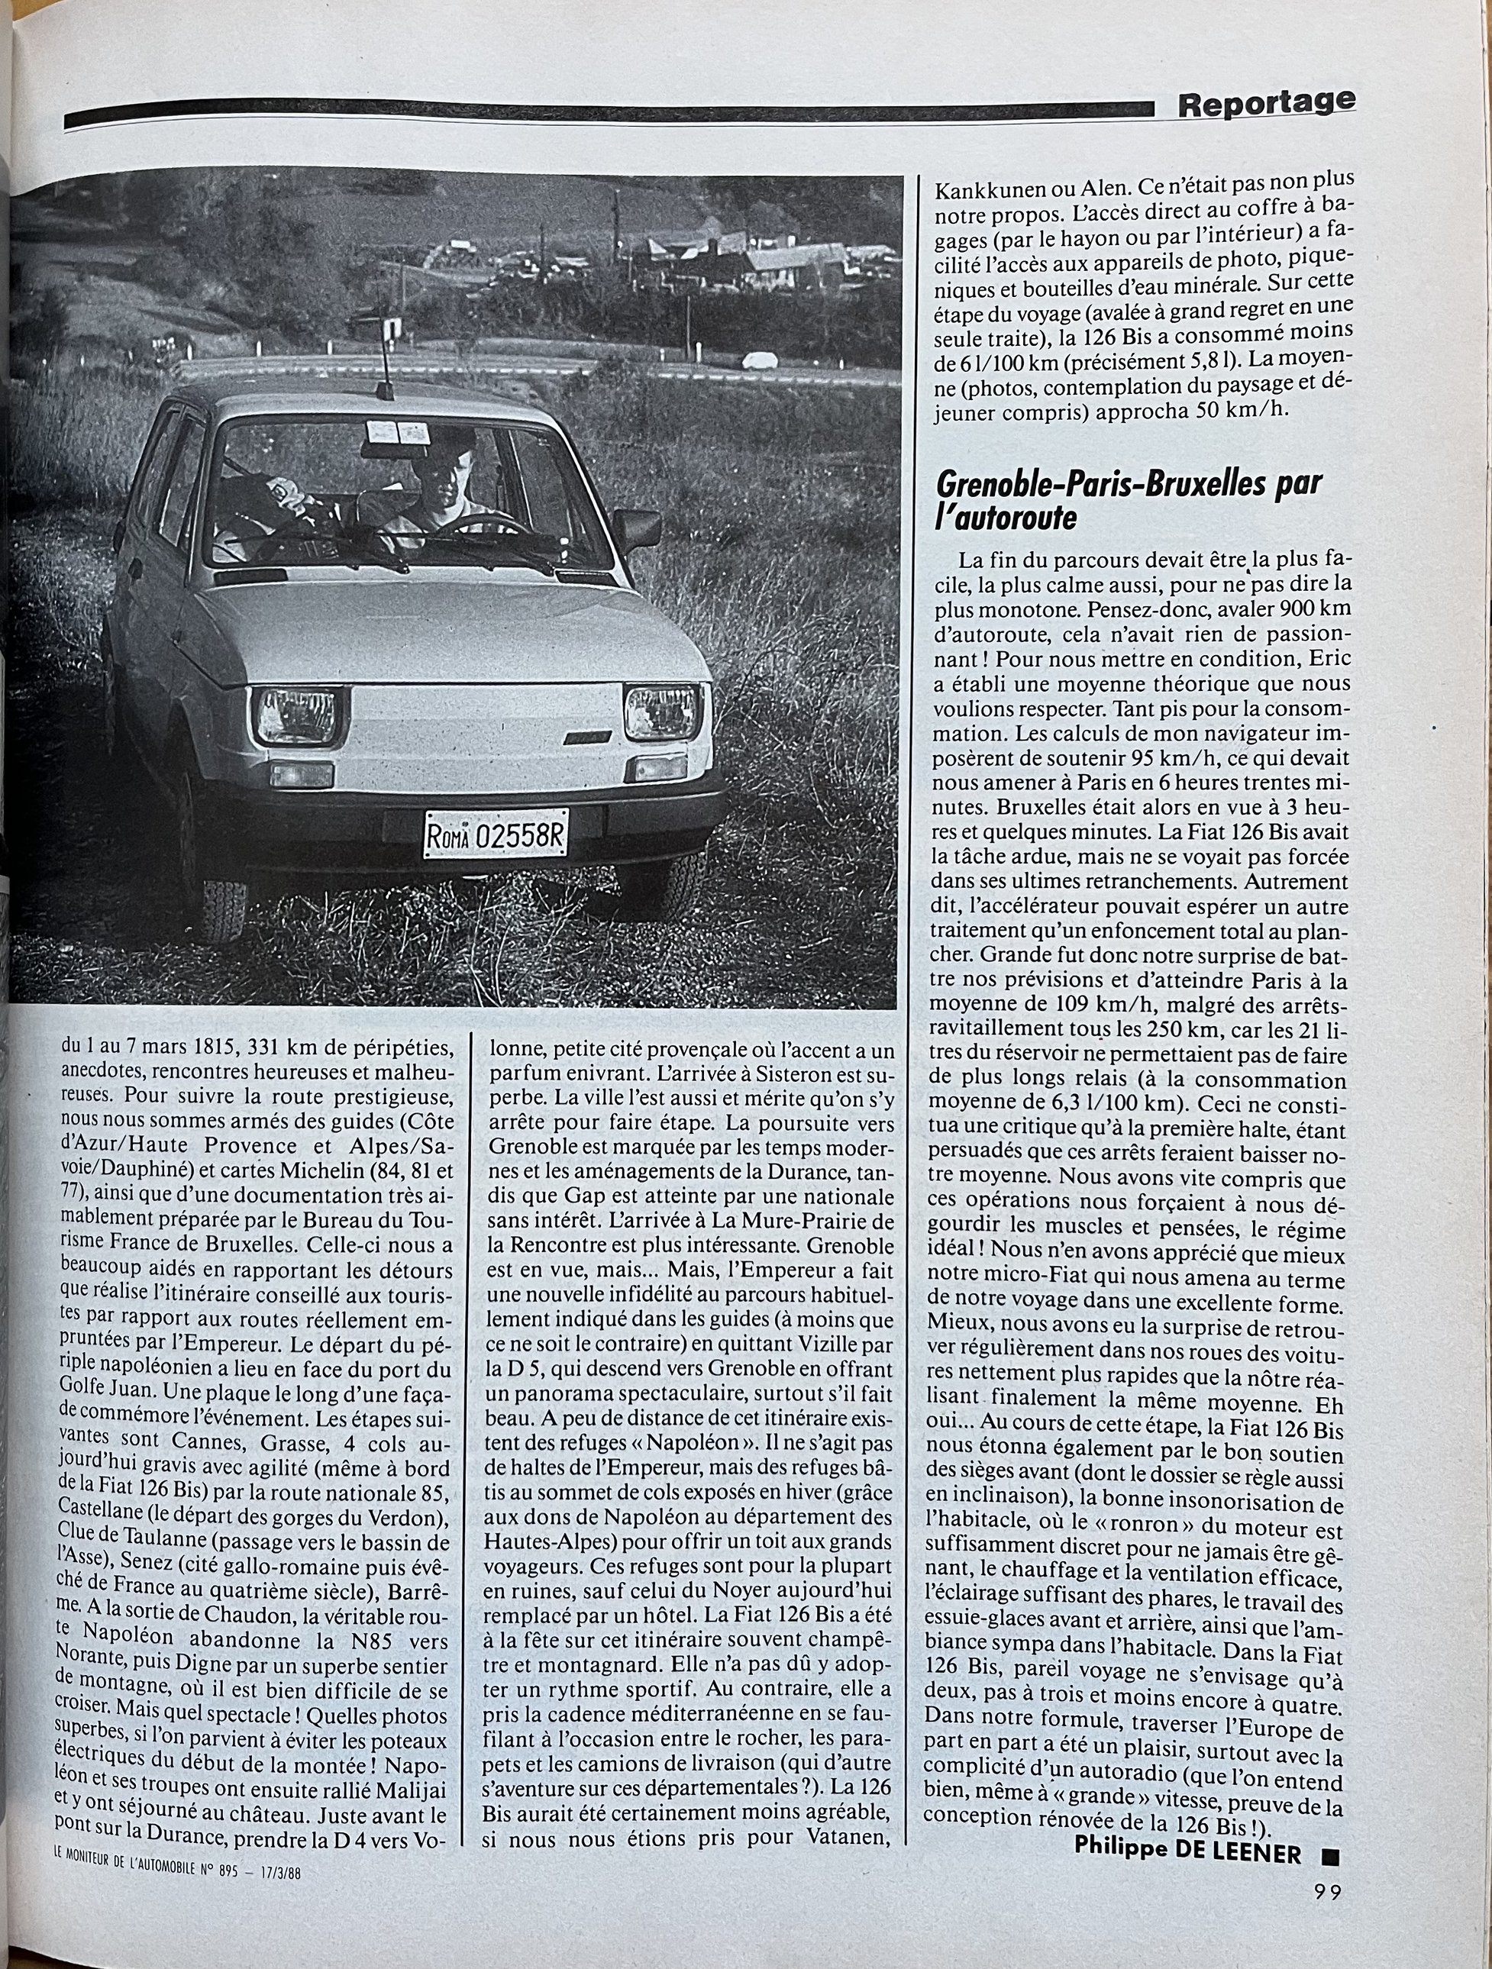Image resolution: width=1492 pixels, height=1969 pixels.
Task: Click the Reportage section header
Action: click(1265, 104)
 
